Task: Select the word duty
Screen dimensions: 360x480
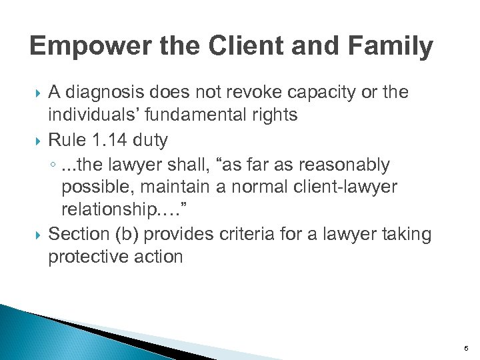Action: (151, 140)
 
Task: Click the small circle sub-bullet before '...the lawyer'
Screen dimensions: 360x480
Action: (53, 165)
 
